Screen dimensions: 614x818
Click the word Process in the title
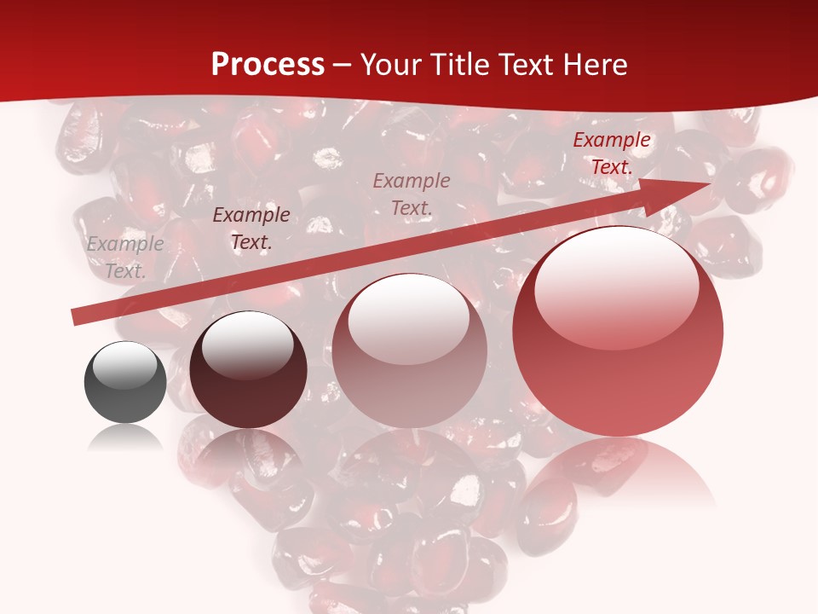268,65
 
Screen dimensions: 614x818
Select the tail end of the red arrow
77,316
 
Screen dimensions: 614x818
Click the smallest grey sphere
125,382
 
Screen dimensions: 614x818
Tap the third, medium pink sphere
409,351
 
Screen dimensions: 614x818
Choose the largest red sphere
618,333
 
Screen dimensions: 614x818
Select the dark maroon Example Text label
251,229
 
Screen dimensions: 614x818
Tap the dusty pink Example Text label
412,194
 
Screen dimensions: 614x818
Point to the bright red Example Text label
611,153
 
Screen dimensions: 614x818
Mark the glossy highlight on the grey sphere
125,365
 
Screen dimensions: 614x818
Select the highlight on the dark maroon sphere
247,345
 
